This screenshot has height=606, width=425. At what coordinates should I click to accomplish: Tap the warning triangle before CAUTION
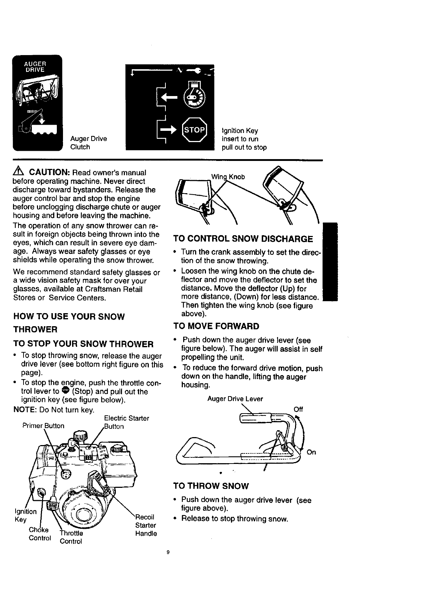(19, 172)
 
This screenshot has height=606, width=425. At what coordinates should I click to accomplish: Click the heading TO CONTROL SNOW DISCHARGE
(243, 239)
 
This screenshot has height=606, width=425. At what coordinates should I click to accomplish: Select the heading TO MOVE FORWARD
(216, 326)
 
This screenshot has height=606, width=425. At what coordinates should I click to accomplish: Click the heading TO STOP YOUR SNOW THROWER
(83, 344)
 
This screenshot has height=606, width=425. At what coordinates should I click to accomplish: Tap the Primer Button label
(43, 426)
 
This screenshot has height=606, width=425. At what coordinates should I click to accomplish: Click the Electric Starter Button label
(126, 422)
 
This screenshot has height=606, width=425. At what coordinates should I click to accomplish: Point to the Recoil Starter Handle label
(146, 525)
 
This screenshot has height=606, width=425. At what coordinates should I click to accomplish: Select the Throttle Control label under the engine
(71, 537)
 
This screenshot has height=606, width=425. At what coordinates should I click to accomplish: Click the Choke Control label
(39, 534)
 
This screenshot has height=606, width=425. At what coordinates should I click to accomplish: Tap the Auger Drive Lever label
(235, 399)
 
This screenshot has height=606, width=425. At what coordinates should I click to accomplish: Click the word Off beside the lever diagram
(298, 410)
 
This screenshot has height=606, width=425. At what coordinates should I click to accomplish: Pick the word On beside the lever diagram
(311, 452)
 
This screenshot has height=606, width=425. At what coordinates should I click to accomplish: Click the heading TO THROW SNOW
(211, 486)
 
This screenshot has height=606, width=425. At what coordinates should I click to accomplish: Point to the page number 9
(168, 553)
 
